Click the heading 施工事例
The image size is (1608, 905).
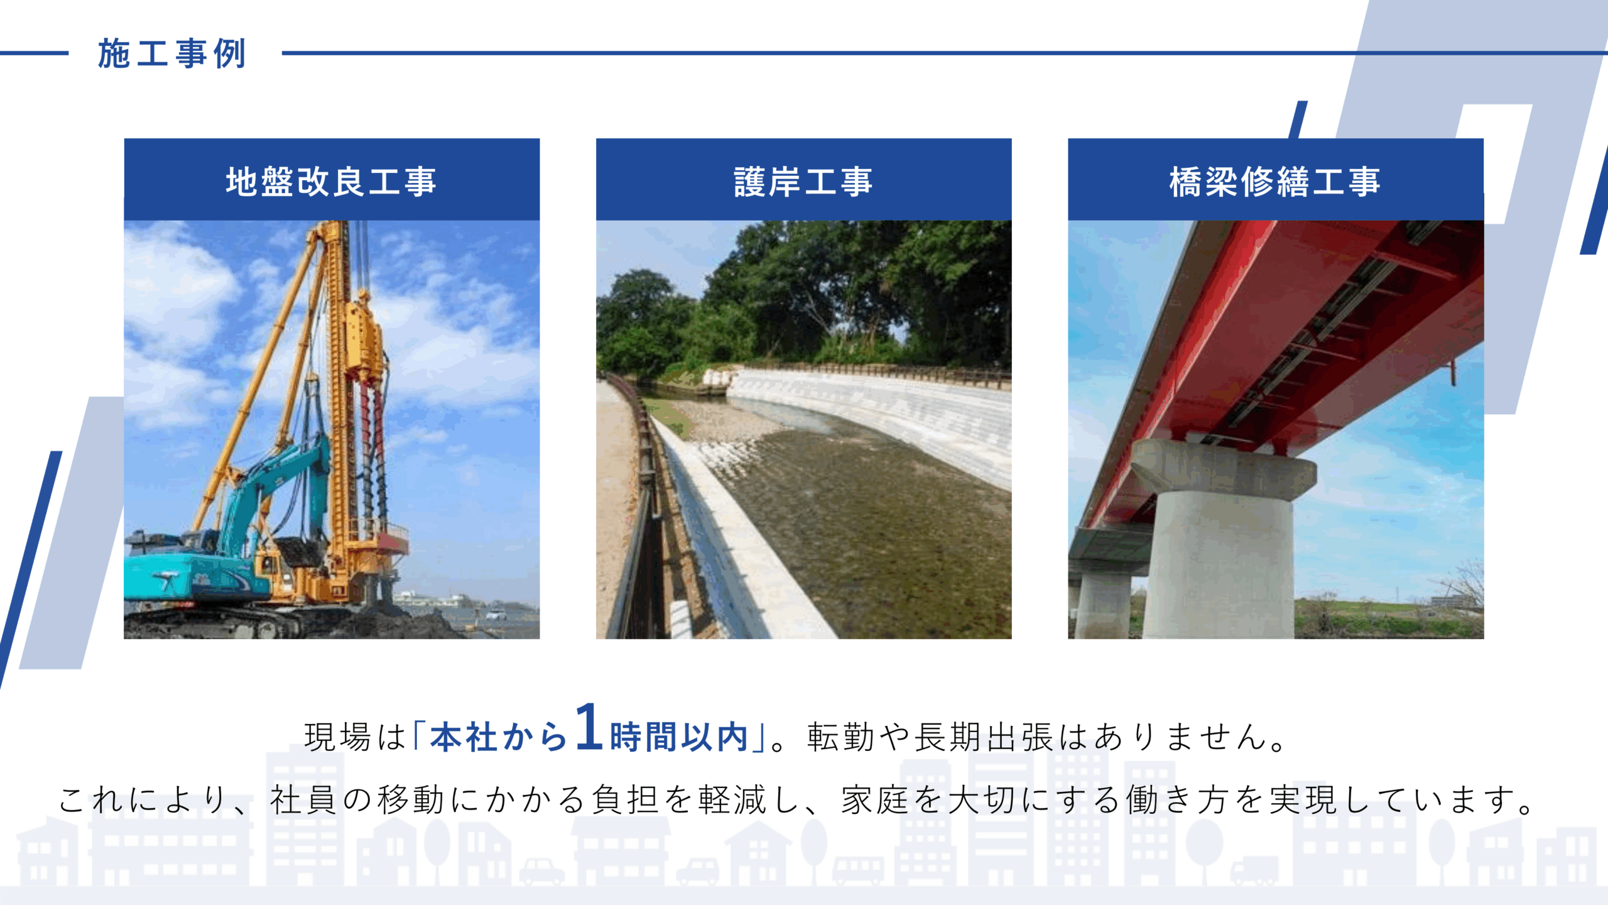(x=171, y=53)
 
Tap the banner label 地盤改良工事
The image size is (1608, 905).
(x=331, y=182)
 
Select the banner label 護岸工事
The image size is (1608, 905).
(x=803, y=182)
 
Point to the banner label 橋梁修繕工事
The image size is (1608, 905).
(x=1275, y=182)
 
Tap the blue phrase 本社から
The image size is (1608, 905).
(x=499, y=737)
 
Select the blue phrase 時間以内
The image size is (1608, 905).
(x=679, y=737)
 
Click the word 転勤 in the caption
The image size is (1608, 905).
(x=841, y=737)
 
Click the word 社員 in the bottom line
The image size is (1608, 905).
(x=304, y=800)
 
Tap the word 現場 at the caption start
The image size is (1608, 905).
(x=339, y=737)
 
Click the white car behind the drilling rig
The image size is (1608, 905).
(x=496, y=614)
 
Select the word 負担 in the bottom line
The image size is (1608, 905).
(x=626, y=800)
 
